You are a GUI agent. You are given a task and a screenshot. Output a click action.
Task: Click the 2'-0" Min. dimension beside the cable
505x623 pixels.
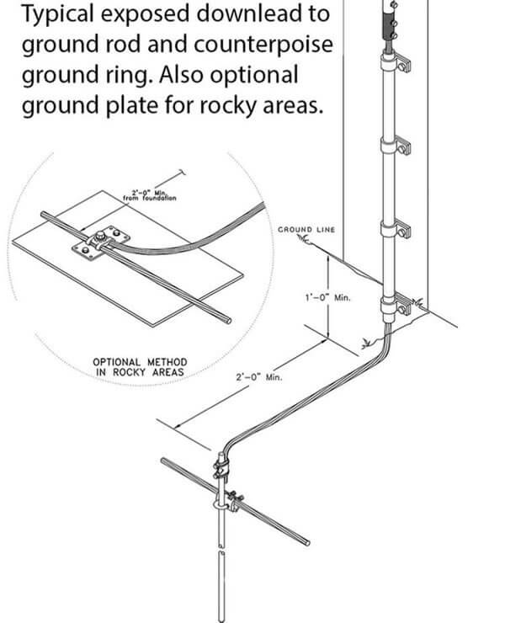(x=258, y=377)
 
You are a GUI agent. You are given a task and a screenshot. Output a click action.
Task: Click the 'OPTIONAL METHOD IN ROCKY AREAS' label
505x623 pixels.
(x=139, y=367)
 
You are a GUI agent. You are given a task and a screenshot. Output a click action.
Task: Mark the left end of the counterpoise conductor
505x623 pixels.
(x=162, y=461)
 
